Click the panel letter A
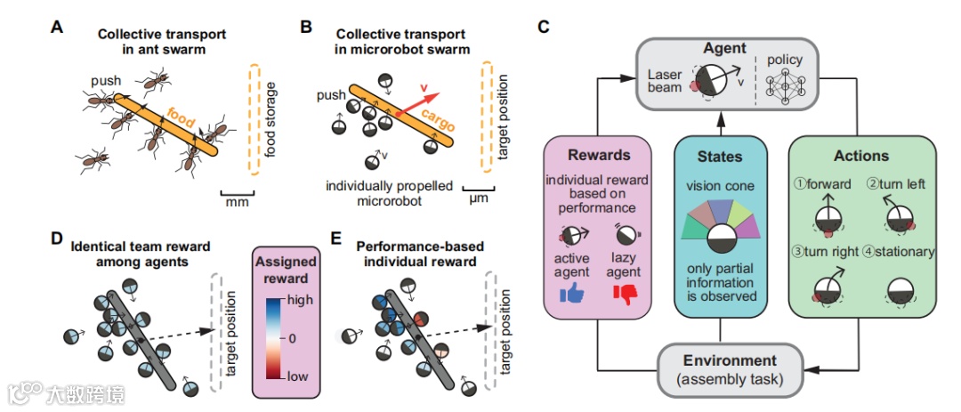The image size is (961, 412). (x=57, y=28)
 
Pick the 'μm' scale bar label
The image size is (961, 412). (x=480, y=201)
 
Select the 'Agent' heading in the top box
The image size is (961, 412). (x=725, y=49)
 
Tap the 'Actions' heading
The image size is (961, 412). (x=860, y=156)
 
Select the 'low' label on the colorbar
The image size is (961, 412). (x=299, y=377)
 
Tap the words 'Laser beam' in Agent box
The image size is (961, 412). (x=665, y=81)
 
